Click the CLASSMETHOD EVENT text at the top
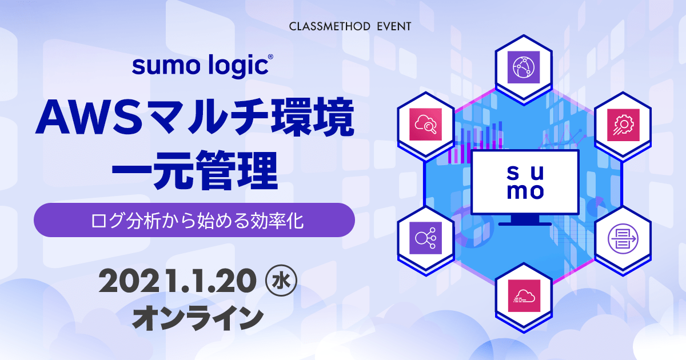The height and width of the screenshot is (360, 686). coord(350,26)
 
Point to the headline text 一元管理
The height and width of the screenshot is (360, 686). coord(195,170)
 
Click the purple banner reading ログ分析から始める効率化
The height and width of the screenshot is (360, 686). coord(194,220)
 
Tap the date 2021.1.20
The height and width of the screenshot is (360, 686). coord(177,281)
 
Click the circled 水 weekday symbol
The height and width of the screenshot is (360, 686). coord(281,281)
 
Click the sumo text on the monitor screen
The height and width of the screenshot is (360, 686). coord(525,182)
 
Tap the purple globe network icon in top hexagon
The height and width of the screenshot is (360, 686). coord(524,67)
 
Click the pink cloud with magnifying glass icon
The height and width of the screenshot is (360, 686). coord(425,125)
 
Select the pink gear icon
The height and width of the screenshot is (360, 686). coord(623,125)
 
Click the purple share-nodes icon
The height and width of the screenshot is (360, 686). coord(425,238)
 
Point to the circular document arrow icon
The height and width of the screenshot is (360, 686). coord(623,239)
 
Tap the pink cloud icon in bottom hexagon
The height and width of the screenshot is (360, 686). coord(524,296)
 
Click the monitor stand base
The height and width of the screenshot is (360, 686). coord(525,224)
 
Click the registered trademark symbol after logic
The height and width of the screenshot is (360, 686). coord(270,57)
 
